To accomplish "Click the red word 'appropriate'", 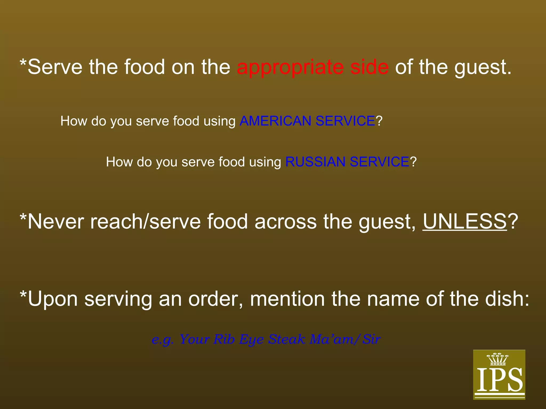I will point(290,68).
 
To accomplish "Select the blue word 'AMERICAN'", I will point(275,121).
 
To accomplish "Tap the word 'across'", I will point(286,222).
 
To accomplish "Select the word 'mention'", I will point(287,299).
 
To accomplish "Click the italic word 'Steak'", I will point(287,339).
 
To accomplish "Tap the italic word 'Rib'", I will point(224,339).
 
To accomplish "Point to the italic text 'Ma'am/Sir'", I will point(345,339).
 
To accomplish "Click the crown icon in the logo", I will point(497,359).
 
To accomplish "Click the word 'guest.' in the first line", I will point(483,68).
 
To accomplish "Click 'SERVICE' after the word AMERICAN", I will point(345,121).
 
